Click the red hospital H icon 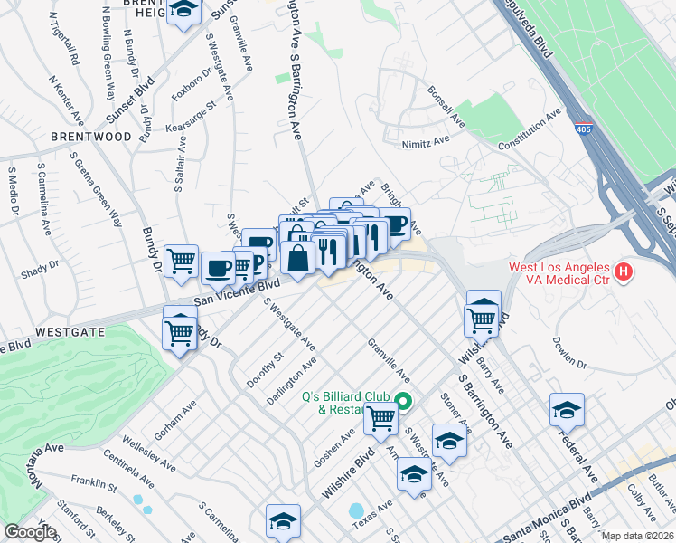[x=622, y=271]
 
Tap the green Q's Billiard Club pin [x=404, y=403]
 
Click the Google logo [x=30, y=532]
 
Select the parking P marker [x=256, y=263]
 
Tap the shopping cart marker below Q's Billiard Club [x=381, y=418]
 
